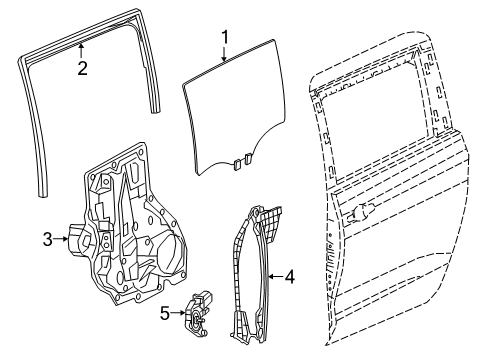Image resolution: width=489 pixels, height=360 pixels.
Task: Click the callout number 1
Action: (225, 39)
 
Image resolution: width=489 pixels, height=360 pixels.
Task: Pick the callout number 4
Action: (289, 274)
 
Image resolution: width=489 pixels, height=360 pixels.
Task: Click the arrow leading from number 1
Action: (225, 55)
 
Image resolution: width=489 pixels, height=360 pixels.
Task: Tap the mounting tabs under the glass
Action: (239, 157)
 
